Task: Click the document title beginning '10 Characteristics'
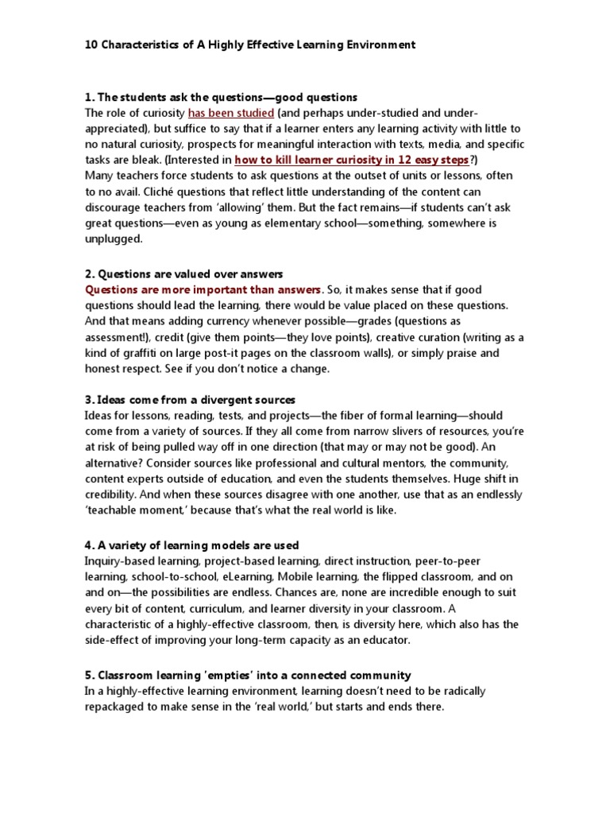pos(249,45)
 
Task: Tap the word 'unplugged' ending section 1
pos(114,238)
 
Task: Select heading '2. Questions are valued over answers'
pos(183,273)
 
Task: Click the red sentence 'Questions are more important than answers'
pos(203,289)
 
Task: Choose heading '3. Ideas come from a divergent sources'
pos(190,399)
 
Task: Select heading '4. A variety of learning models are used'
pos(191,545)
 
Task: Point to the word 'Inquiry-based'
pos(122,560)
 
